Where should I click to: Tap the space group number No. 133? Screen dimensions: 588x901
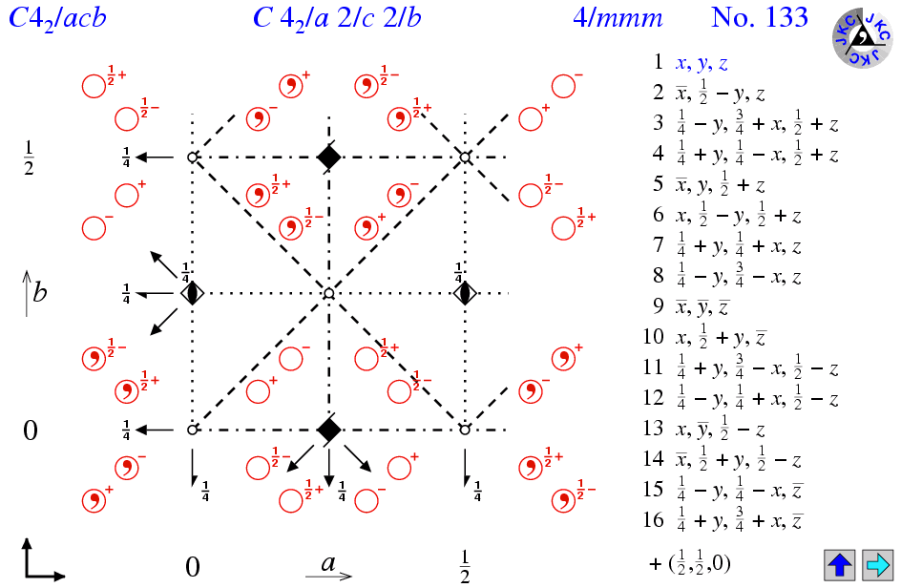click(759, 18)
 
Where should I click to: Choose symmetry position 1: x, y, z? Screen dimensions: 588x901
click(702, 63)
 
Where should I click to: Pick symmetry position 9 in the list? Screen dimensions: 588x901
click(702, 307)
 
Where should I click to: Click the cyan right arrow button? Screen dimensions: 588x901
click(875, 564)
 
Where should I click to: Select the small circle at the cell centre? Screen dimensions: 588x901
click(328, 293)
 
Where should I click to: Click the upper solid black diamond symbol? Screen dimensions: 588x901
click(328, 156)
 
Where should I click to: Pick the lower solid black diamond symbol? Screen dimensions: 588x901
click(328, 430)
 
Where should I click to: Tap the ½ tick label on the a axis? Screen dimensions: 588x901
click(464, 565)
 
